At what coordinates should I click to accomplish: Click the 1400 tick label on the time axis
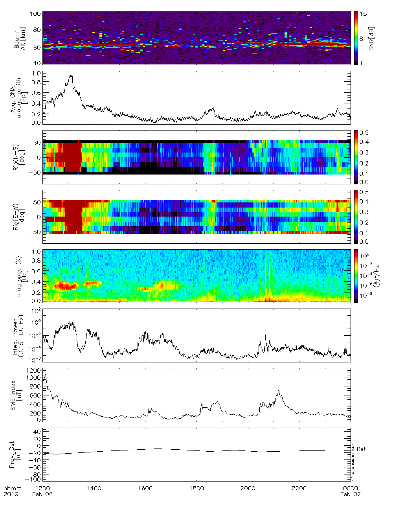pos(94,488)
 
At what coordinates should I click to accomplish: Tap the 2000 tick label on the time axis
pos(248,488)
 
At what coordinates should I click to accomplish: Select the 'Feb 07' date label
pos(350,494)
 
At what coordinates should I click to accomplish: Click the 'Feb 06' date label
pos(42,494)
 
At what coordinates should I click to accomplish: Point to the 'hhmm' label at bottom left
pos(12,488)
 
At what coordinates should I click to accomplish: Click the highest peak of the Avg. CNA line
pos(71,75)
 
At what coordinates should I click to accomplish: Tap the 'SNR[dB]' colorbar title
pos(372,39)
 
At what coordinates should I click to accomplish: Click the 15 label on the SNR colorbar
pos(363,14)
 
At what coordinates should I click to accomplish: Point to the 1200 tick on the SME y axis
pos(34,371)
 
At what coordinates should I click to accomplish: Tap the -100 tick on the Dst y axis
pos(33,480)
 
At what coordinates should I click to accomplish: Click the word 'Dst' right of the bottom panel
pos(361,449)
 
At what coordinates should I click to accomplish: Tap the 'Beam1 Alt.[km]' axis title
pos(20,38)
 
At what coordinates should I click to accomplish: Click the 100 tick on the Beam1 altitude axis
pos(35,14)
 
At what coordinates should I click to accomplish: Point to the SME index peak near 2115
pos(278,390)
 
